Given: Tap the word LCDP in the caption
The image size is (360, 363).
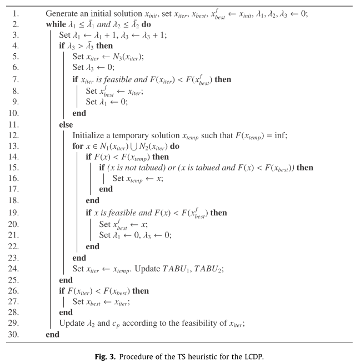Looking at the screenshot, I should coord(252,354).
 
